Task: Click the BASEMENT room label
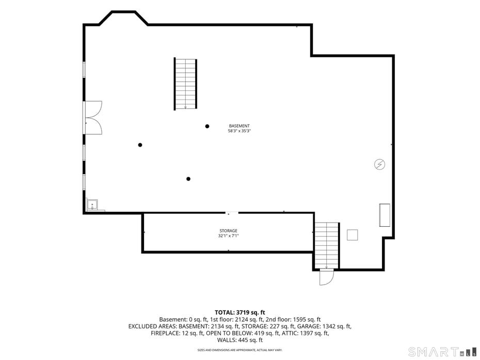239,126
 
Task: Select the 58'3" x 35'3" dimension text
239,131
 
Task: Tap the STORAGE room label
228,231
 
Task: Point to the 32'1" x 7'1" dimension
228,236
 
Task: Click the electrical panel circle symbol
379,164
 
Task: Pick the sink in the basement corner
92,205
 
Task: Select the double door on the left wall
93,118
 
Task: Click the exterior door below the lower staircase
327,277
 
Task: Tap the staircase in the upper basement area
185,84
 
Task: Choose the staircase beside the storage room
327,245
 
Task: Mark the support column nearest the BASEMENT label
207,126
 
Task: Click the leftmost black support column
140,145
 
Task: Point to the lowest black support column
188,179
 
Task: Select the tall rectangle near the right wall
385,215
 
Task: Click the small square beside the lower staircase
353,235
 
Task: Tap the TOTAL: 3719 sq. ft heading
239,312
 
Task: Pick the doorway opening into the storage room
232,212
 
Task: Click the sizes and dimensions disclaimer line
239,350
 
